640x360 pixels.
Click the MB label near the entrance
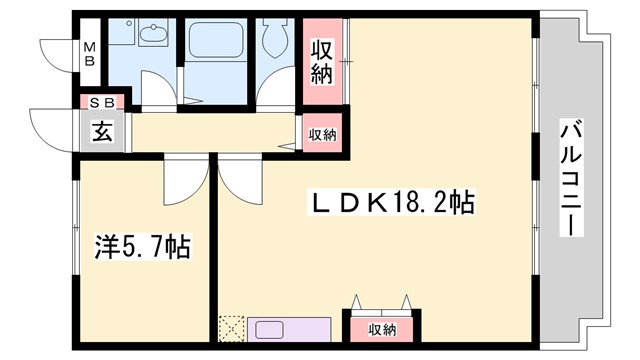point(90,51)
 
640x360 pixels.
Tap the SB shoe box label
point(102,102)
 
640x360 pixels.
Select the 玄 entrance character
point(101,130)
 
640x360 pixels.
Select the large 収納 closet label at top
point(321,61)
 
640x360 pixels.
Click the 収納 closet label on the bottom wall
point(381,329)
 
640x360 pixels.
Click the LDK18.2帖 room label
point(389,203)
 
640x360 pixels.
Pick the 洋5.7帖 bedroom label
point(143,246)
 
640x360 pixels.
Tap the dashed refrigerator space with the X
point(231,328)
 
